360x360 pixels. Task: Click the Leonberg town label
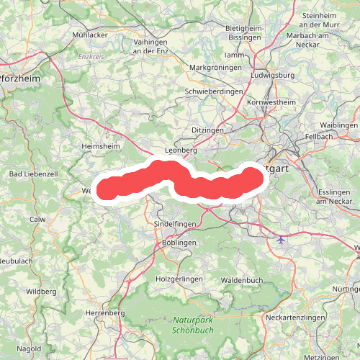pos(181,150)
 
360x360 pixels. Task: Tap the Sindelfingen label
pos(176,225)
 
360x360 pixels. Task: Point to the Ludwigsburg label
pos(272,74)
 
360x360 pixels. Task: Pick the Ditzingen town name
pos(209,130)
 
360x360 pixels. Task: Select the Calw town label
pos(37,219)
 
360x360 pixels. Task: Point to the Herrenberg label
pos(105,313)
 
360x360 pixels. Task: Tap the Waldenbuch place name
pos(243,279)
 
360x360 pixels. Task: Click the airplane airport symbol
pos(281,240)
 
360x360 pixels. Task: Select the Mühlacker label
pos(90,35)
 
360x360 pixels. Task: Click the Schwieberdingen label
pos(215,91)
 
